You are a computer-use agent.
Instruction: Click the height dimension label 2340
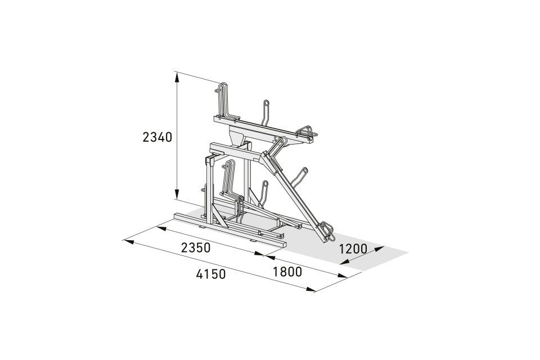(x=157, y=137)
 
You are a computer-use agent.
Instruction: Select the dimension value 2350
(x=196, y=247)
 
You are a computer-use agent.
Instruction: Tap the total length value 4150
(x=211, y=274)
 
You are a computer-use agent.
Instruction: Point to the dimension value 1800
(x=287, y=272)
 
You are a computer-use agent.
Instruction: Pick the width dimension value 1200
(x=353, y=249)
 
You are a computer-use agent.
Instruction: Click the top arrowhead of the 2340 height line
(x=177, y=78)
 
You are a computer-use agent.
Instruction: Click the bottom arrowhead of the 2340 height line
(x=177, y=194)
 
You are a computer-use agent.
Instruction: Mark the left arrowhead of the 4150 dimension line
(x=129, y=241)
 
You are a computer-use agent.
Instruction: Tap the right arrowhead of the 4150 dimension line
(x=311, y=289)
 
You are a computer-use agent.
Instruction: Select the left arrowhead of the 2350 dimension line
(x=162, y=228)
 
